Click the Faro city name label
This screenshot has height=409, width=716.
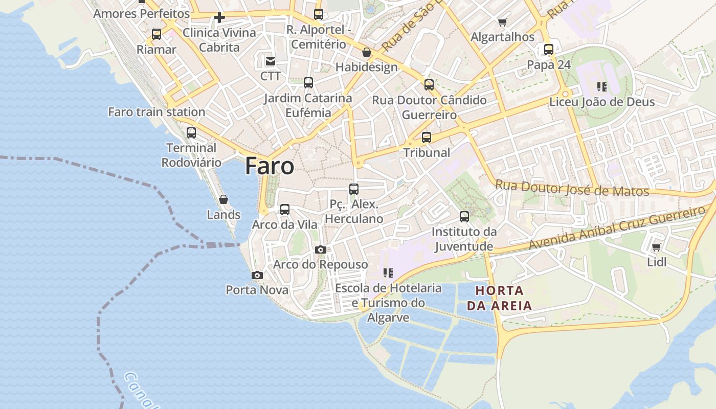(x=270, y=166)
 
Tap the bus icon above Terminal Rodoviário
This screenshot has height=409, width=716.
(x=191, y=133)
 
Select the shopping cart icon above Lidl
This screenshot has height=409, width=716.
(x=656, y=247)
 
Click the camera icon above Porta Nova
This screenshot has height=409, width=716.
(x=257, y=276)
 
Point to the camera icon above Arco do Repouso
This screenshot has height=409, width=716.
(x=321, y=249)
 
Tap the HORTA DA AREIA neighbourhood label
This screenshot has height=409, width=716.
(x=504, y=298)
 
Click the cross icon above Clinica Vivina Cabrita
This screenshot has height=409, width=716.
(x=219, y=18)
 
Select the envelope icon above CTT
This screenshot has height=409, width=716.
(x=270, y=61)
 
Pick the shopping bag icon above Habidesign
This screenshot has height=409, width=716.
(x=366, y=52)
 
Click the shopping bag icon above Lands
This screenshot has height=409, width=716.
(x=223, y=199)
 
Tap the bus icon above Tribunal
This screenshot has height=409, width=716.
(x=427, y=137)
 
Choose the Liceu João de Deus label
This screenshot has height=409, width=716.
(x=602, y=102)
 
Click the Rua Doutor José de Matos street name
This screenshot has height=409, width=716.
(x=572, y=188)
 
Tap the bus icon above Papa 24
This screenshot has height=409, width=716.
(x=549, y=50)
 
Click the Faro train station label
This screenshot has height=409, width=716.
(x=156, y=112)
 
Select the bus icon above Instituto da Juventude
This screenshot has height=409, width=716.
(x=464, y=217)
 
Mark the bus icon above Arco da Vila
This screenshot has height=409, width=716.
(x=285, y=209)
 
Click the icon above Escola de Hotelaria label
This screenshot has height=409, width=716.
(x=388, y=273)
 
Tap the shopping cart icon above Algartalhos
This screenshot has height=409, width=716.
(x=502, y=22)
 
